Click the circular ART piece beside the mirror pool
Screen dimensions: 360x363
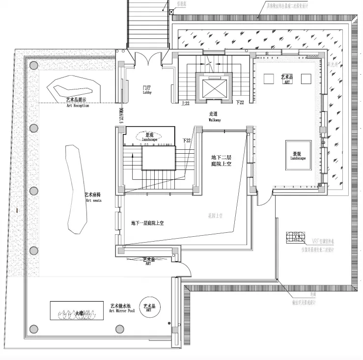pyautogui.click(x=149, y=308)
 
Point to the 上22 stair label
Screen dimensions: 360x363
pyautogui.click(x=185, y=103)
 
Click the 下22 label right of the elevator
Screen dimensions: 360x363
pyautogui.click(x=240, y=103)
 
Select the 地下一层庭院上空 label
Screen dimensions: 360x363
pyautogui.click(x=147, y=223)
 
